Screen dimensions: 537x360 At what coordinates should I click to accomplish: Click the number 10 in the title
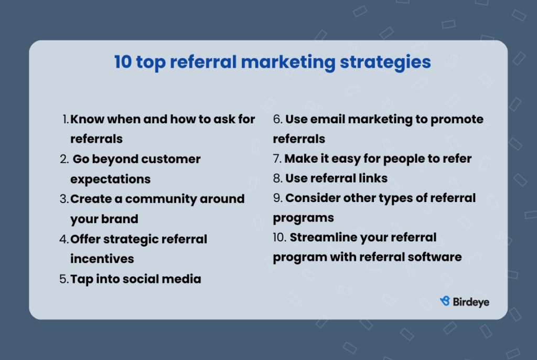pyautogui.click(x=123, y=62)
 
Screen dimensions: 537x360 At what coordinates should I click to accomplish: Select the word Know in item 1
pyautogui.click(x=87, y=119)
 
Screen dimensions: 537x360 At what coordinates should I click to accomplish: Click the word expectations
pyautogui.click(x=110, y=180)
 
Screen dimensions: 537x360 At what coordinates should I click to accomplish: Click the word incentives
pyautogui.click(x=102, y=259)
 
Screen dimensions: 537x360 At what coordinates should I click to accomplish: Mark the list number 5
pyautogui.click(x=64, y=279)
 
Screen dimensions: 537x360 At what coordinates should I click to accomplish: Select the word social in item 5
pyautogui.click(x=141, y=279)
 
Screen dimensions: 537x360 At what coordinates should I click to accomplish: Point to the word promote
pyautogui.click(x=457, y=120)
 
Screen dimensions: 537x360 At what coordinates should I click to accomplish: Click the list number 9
pyautogui.click(x=278, y=198)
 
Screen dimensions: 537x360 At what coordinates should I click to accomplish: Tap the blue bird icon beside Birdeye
pyautogui.click(x=445, y=301)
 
